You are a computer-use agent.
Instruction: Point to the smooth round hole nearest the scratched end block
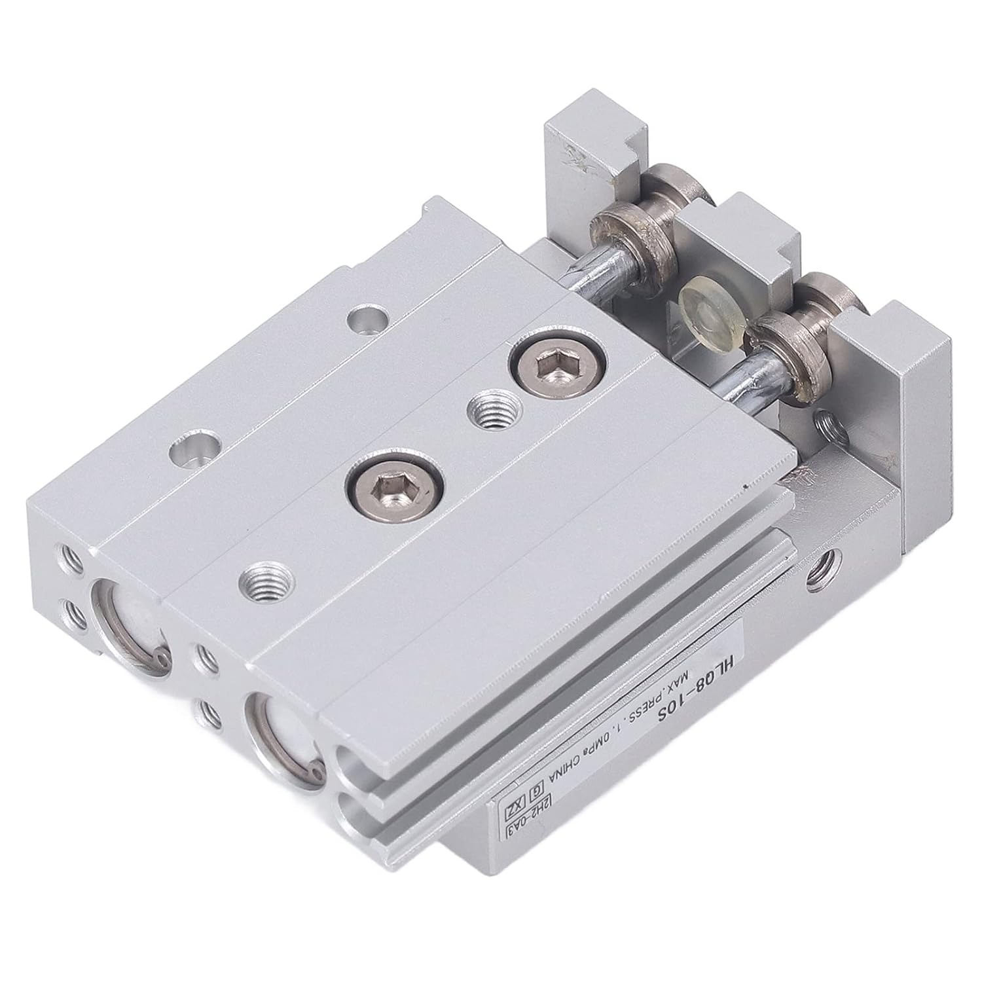coord(368,321)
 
